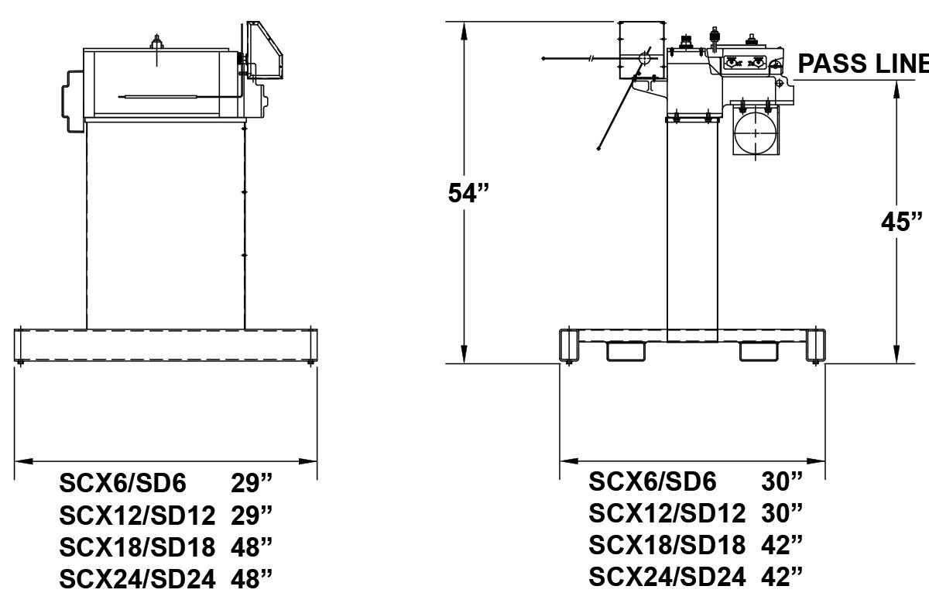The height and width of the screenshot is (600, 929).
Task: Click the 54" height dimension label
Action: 470,194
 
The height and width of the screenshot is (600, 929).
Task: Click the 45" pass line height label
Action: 903,221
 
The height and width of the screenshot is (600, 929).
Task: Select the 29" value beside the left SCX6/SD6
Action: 252,484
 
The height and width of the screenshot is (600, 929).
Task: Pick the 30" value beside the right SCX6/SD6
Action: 782,481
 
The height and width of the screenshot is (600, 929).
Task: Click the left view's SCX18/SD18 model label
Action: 137,547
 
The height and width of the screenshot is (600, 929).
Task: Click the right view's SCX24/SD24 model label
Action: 667,576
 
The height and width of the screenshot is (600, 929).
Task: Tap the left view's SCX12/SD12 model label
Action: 137,516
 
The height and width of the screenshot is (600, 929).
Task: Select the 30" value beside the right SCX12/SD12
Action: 782,513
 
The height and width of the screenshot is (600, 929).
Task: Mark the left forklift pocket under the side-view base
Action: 626,352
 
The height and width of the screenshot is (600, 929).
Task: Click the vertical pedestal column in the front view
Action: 165,225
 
